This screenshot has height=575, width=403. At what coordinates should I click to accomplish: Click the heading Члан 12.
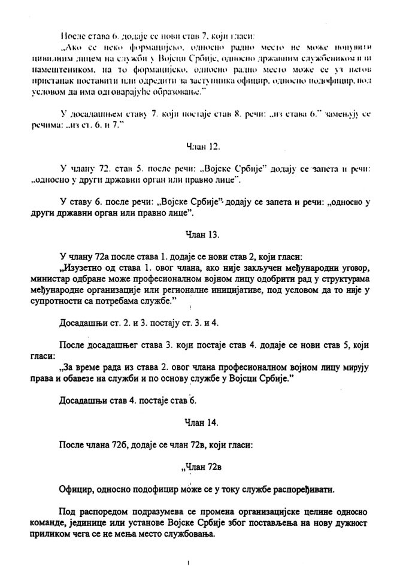pyautogui.click(x=201, y=146)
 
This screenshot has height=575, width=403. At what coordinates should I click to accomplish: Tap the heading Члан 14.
pyautogui.click(x=201, y=422)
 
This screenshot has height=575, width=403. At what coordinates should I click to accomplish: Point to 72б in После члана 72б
pyautogui.click(x=133, y=445)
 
